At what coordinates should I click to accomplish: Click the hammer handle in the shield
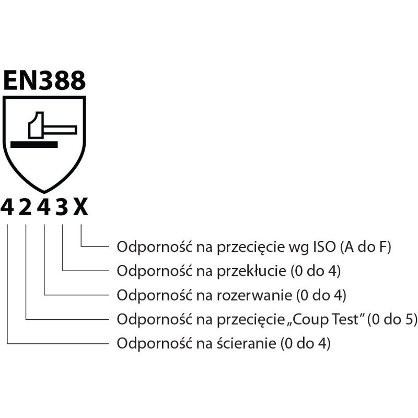point(63,129)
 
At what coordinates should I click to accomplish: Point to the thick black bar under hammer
point(33,144)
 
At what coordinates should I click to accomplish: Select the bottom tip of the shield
point(44,189)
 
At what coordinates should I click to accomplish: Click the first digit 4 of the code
point(7,207)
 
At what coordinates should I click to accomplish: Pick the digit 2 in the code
point(26,207)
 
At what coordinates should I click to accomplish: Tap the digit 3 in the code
point(62,207)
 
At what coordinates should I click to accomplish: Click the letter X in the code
point(81,207)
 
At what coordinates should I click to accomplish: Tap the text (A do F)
point(365,247)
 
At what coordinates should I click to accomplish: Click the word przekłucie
point(248,271)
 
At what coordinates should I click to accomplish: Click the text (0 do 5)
point(392,319)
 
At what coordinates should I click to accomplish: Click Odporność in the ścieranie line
point(148,344)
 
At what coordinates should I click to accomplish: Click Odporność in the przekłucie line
point(148,271)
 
